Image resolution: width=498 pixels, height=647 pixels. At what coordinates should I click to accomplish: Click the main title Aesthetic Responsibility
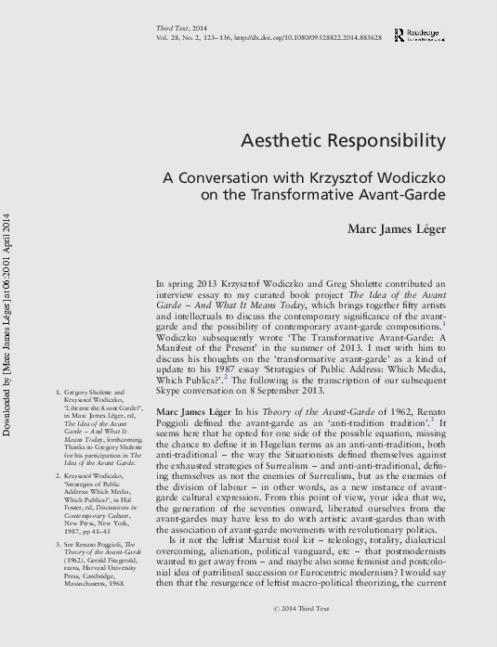point(343,141)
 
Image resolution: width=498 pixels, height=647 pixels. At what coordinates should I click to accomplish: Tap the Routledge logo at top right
point(418,34)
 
